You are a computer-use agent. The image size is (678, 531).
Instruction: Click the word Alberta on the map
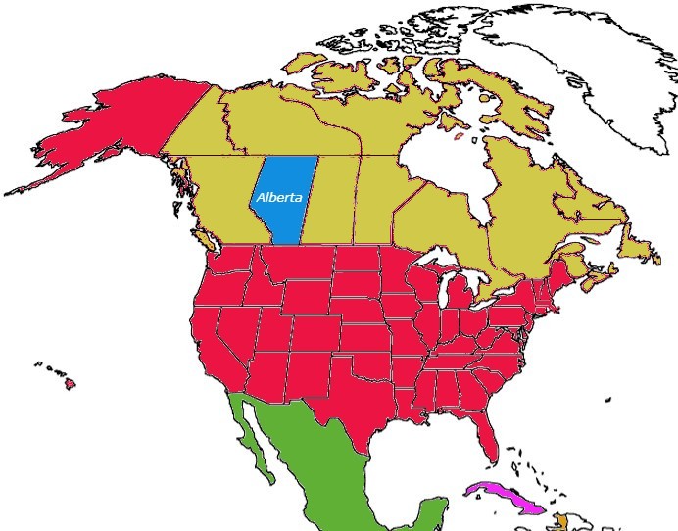tap(277, 197)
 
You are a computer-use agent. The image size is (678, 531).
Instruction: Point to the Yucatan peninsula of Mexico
tap(431, 509)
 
